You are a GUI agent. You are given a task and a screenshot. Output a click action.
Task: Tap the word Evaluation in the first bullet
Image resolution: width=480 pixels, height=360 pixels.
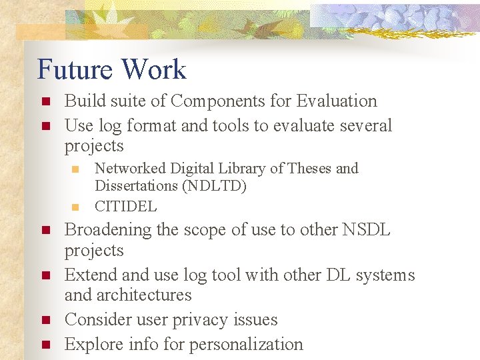[x=337, y=101]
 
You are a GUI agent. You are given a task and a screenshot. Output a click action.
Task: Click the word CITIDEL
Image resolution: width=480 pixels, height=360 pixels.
[x=126, y=207]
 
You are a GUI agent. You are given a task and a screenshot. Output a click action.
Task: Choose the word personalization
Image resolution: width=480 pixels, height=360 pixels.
[x=246, y=345]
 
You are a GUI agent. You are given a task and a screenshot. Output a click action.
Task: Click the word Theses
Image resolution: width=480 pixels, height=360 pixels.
[x=300, y=169]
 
